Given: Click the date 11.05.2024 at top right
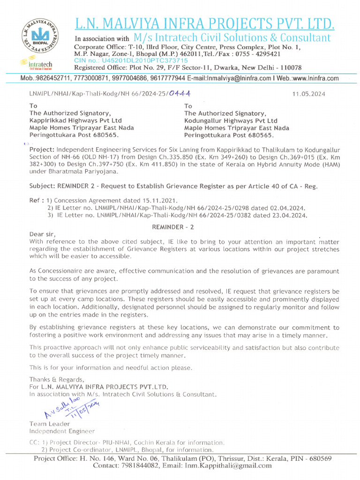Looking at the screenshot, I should click(308, 94).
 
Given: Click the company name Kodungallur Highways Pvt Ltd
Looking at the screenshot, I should click(231, 120).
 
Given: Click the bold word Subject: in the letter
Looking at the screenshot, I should click(42, 186).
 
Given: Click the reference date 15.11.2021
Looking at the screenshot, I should click(159, 200).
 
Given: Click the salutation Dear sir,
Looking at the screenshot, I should click(43, 234).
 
